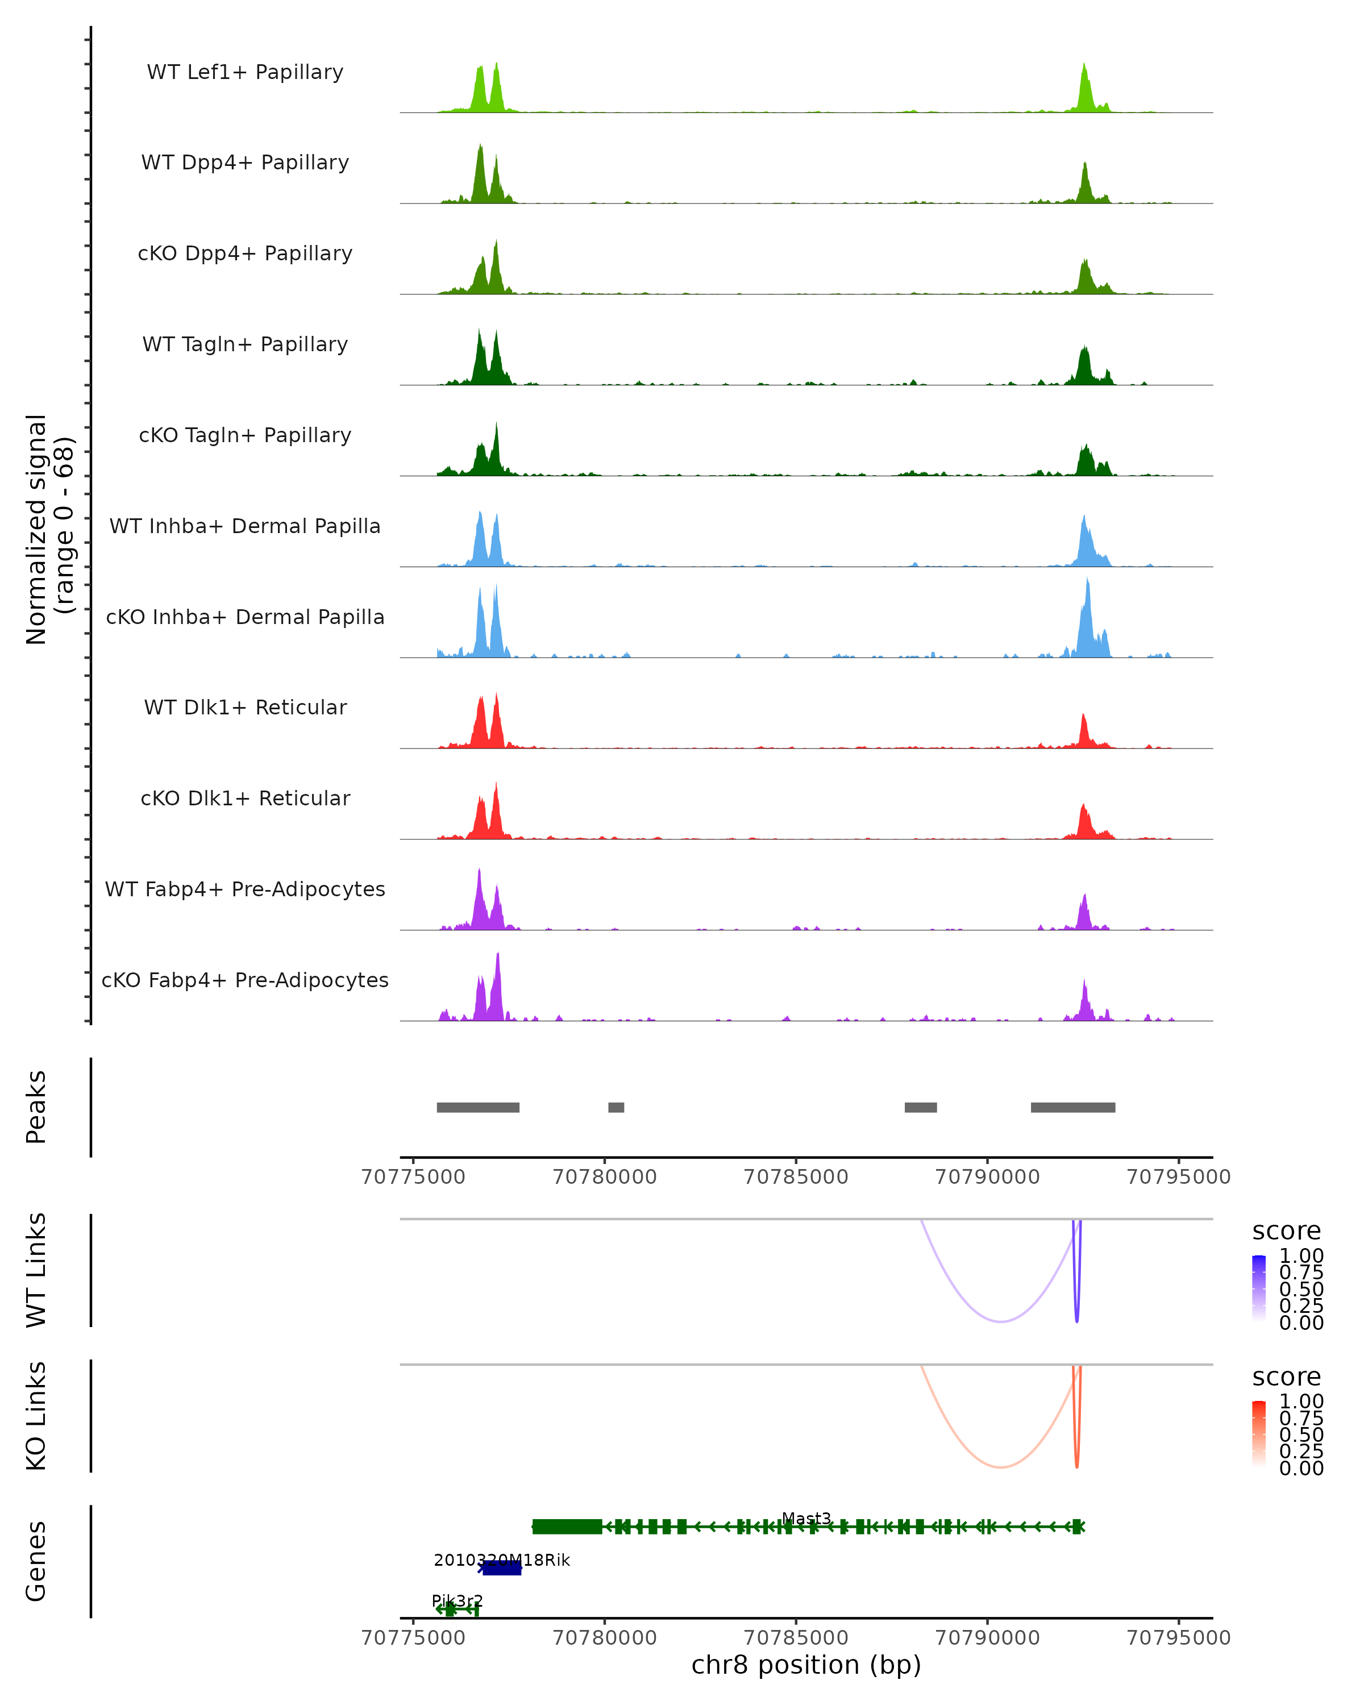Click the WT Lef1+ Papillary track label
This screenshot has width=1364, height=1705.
245,72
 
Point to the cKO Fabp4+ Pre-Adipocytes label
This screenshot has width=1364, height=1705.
245,980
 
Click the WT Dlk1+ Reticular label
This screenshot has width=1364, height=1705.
245,707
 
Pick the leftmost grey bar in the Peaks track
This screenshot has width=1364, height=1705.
477,1107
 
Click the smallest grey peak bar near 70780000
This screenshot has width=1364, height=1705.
616,1107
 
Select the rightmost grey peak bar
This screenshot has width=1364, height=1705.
1072,1107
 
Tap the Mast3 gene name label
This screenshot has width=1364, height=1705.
806,1519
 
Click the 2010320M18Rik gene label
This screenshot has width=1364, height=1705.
501,1560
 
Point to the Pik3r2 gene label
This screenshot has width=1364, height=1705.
457,1600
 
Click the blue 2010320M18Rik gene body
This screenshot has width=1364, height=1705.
502,1568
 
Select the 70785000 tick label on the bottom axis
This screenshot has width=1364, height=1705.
796,1637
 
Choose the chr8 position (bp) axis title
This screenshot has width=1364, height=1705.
806,1665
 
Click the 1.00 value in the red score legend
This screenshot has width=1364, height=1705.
1301,1400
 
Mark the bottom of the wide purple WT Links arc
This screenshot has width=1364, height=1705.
1000,1321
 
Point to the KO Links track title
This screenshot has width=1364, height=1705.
36,1416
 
